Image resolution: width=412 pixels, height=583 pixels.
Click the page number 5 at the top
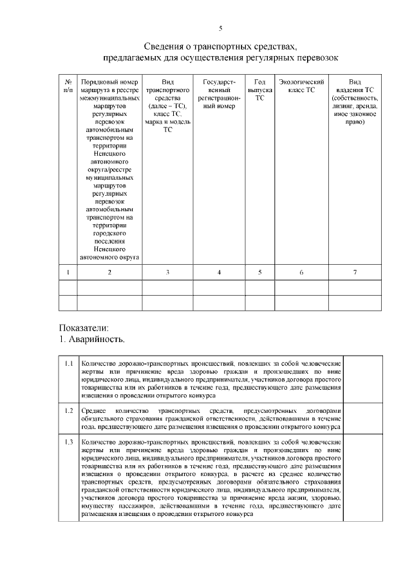point(220,28)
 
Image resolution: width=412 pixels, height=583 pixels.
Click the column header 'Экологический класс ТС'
point(301,86)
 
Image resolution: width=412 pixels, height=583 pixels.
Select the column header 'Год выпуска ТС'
point(260,90)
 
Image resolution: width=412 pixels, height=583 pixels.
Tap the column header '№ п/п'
point(68,86)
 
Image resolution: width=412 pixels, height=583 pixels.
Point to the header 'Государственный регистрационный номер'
point(219,94)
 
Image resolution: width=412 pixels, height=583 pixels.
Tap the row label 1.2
point(69,410)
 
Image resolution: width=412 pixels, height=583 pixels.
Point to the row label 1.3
point(69,442)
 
